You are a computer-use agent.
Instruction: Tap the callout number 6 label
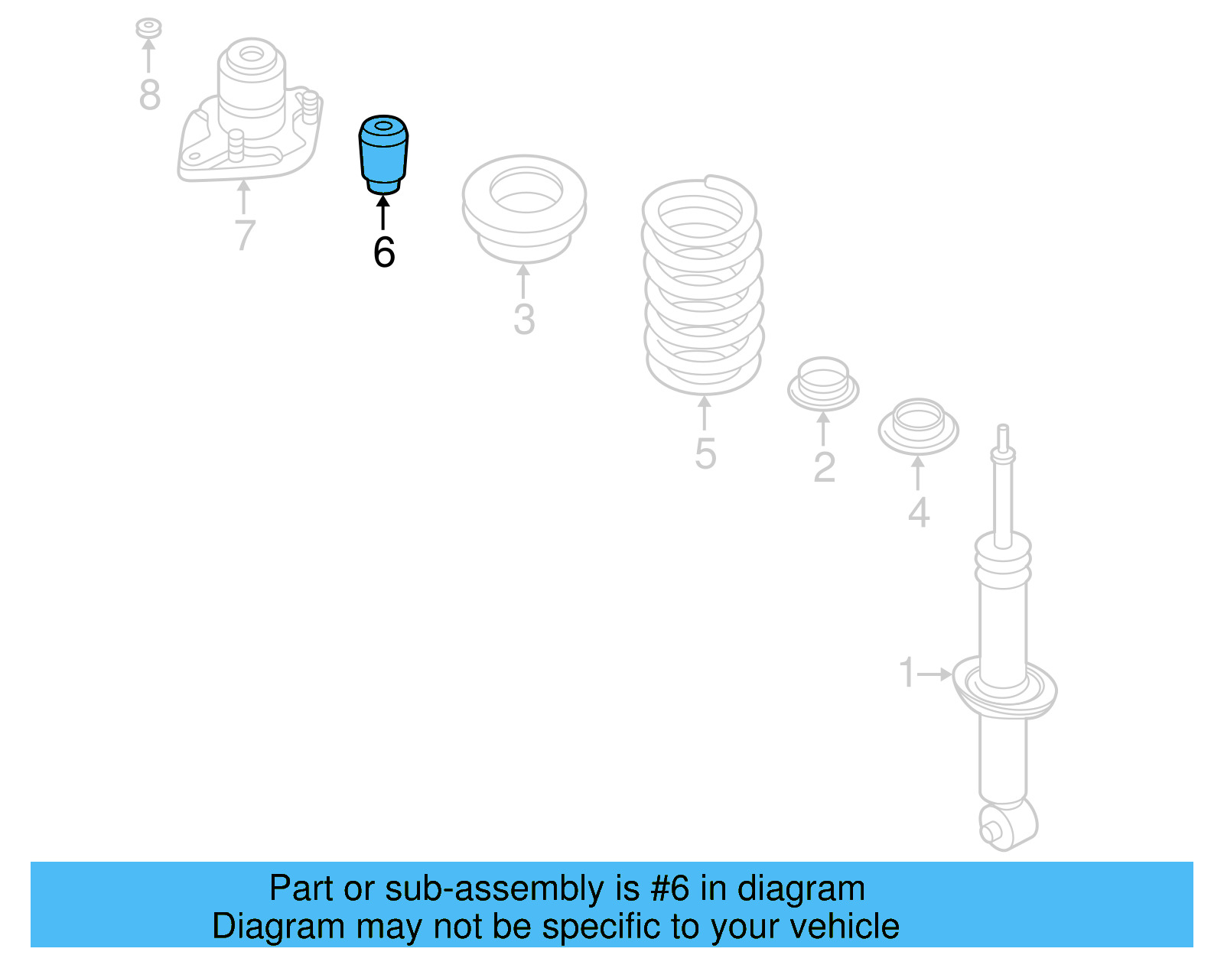(384, 252)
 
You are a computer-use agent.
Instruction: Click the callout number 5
(705, 453)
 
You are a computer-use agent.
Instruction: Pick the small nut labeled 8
(148, 28)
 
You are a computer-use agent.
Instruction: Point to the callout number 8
(150, 95)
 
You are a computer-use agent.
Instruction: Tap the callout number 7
(244, 235)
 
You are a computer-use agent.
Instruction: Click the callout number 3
(524, 320)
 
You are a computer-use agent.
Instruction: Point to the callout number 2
(824, 467)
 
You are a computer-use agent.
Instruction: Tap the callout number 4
(919, 512)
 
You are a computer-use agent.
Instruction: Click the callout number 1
(907, 673)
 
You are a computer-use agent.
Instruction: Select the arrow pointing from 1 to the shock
(935, 674)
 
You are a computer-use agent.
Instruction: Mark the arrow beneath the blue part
(383, 211)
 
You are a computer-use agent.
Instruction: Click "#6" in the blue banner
(670, 888)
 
